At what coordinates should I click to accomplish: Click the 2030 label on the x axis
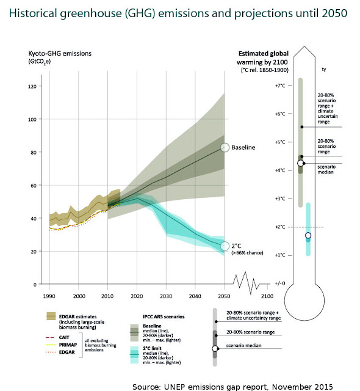tap(166, 296)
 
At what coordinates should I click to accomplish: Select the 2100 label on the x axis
tap(267, 296)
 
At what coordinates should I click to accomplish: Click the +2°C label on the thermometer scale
tap(280, 227)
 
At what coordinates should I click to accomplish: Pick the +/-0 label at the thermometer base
tap(280, 283)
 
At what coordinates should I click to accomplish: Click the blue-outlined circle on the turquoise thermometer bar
tap(308, 235)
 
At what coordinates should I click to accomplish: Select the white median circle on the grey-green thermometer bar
tap(300, 163)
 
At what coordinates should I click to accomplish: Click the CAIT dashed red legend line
tap(50, 338)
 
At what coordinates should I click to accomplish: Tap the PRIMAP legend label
tap(68, 345)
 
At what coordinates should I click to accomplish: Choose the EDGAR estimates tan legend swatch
tap(51, 316)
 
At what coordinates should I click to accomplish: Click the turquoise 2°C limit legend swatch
tap(134, 354)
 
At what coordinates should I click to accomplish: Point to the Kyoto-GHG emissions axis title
tap(60, 53)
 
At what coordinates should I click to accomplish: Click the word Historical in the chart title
tap(33, 13)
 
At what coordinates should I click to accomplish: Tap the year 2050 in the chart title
tap(334, 13)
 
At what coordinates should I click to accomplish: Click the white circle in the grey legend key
tap(215, 348)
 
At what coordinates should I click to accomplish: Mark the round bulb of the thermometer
tap(304, 301)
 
